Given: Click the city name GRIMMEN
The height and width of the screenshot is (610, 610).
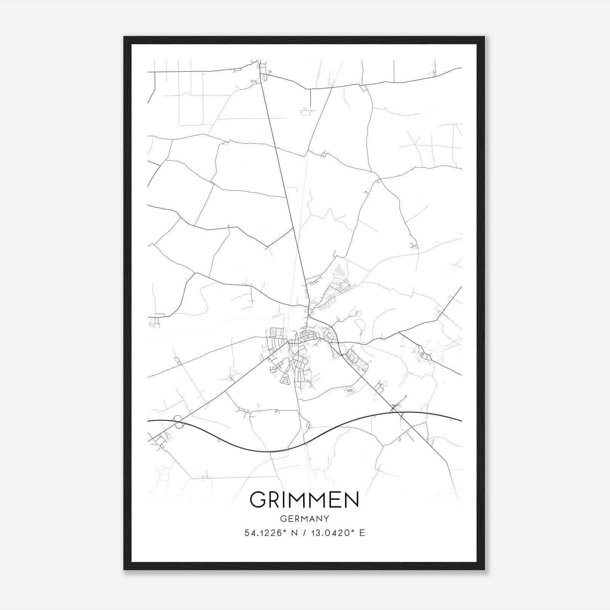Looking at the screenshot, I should point(304,499).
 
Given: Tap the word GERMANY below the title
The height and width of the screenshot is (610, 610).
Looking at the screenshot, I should point(304,518).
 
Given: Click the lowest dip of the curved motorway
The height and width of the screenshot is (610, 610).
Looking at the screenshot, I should point(274,452).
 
